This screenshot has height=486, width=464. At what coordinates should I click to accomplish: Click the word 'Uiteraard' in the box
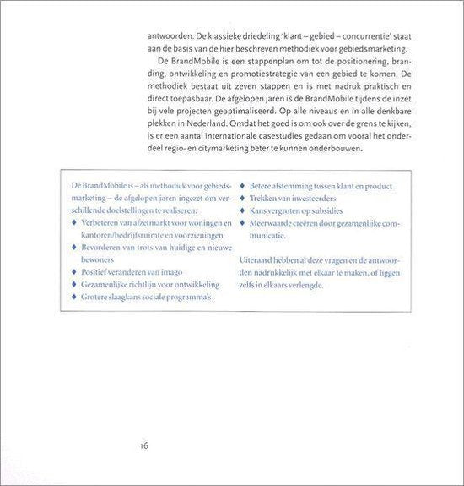[x=259, y=260]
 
